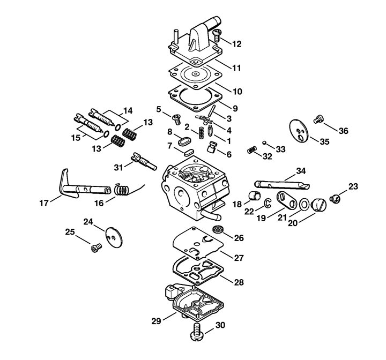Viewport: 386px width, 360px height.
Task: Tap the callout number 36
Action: pyautogui.click(x=344, y=131)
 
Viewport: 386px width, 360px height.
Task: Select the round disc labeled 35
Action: pyautogui.click(x=299, y=131)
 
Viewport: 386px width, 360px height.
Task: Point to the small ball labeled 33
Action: pyautogui.click(x=264, y=142)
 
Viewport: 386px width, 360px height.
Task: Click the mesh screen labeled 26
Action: pyautogui.click(x=218, y=229)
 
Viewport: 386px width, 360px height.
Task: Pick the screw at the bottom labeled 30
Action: pyautogui.click(x=198, y=332)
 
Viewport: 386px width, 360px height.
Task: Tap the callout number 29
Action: pyautogui.click(x=156, y=321)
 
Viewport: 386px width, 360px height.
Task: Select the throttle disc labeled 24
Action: pyautogui.click(x=114, y=237)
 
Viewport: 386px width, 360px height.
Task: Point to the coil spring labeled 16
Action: pyautogui.click(x=122, y=190)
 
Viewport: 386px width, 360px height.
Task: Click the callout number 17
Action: pyautogui.click(x=44, y=203)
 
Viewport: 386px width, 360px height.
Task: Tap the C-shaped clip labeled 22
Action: pyautogui.click(x=268, y=202)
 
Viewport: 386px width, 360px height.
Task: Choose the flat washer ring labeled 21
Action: pyautogui.click(x=305, y=205)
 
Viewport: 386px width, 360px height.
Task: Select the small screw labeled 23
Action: pyautogui.click(x=335, y=198)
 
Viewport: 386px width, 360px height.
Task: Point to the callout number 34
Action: pyautogui.click(x=301, y=171)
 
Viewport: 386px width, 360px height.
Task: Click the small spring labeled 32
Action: pyautogui.click(x=252, y=149)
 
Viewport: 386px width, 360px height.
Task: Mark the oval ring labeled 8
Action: pyautogui.click(x=184, y=142)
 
